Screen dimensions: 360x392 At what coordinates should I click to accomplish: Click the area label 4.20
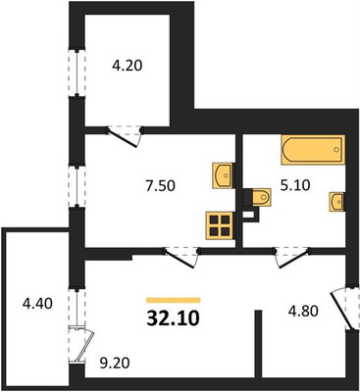point(128,67)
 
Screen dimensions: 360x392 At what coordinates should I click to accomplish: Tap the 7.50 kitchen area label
point(160,186)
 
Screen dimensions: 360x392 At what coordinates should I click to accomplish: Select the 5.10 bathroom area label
point(294,185)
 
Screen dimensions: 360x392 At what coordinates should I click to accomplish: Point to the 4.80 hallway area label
point(303,312)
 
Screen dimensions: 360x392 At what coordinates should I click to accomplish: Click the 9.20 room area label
point(115,363)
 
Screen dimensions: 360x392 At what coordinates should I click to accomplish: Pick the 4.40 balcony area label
point(37,304)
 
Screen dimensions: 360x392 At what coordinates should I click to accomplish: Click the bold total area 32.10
point(173,318)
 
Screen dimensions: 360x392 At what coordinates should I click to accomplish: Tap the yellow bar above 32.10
point(174,300)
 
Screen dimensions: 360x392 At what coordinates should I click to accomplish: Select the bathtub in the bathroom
point(313,150)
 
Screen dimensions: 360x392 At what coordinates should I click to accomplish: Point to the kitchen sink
point(223,175)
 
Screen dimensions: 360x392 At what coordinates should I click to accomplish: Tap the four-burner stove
point(220,225)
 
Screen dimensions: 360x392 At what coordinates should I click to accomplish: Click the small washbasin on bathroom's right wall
point(336,202)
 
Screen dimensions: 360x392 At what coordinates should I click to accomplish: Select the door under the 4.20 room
point(126,136)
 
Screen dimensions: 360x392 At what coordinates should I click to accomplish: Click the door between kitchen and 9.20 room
point(181,257)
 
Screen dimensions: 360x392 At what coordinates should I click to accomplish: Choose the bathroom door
point(292,257)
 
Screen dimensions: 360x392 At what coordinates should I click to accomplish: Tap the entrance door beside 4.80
point(343,309)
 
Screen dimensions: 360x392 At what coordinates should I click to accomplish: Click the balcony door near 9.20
point(81,344)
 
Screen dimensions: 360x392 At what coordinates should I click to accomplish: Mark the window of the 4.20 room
point(77,73)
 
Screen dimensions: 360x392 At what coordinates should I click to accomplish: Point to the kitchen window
point(77,186)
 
